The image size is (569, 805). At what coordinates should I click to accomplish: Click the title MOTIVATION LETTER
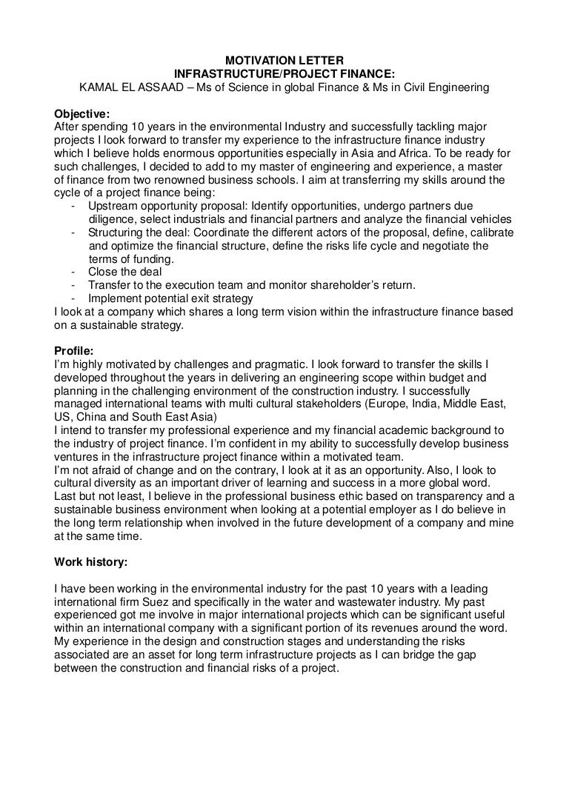coord(284,60)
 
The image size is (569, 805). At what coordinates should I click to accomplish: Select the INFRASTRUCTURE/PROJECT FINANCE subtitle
coord(284,74)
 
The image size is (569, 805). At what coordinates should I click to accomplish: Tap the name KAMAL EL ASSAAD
coord(127,88)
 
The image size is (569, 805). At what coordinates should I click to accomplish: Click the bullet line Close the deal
coord(119,273)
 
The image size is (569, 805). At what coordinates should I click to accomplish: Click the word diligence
coord(112,218)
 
